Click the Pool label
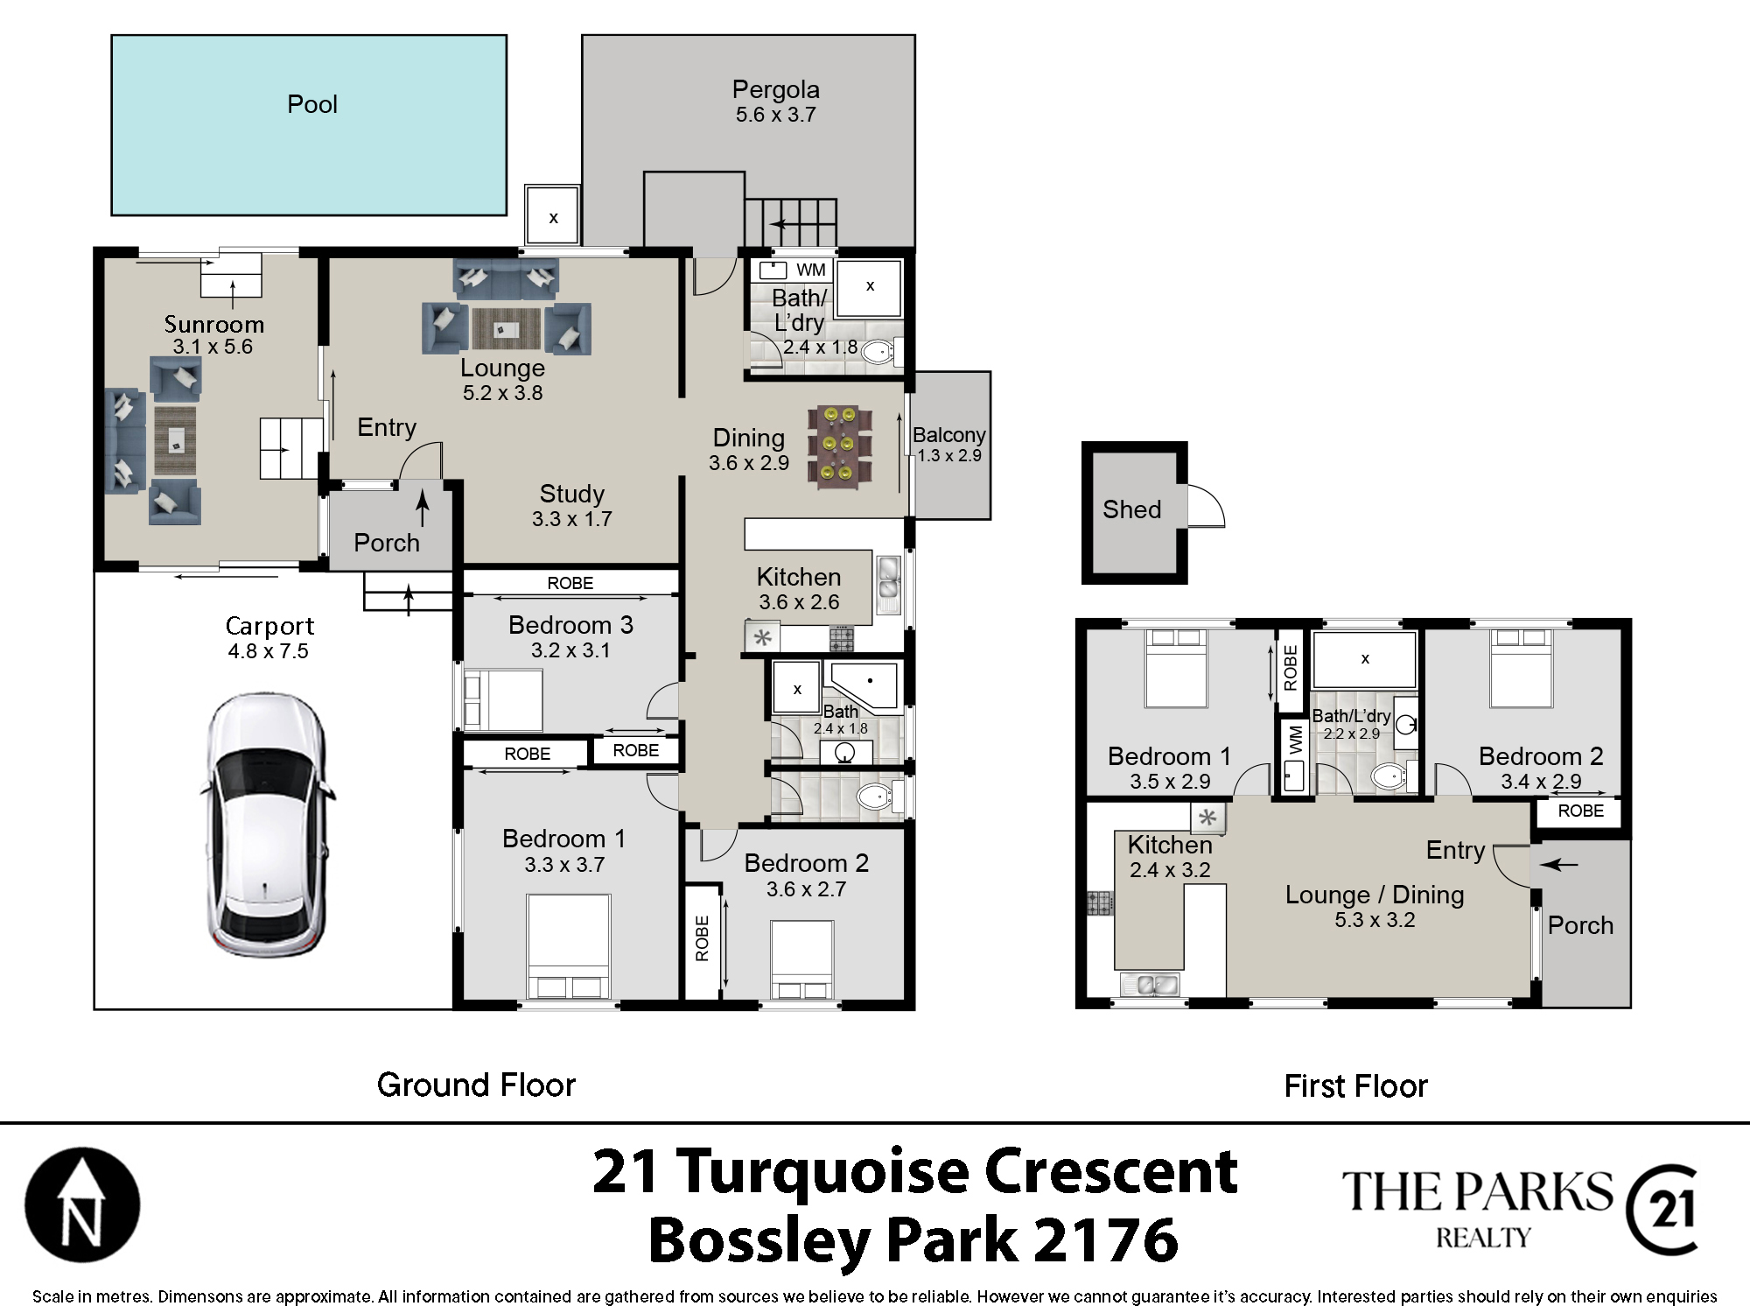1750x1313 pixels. click(x=312, y=104)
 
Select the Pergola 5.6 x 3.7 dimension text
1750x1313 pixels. click(x=776, y=115)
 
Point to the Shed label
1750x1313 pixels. click(x=1131, y=509)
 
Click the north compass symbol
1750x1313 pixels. click(x=82, y=1204)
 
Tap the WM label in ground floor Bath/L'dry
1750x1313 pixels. click(x=811, y=270)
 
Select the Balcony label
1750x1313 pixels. click(x=949, y=435)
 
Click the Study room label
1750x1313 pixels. click(x=571, y=494)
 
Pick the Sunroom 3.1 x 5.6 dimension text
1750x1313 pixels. click(x=213, y=347)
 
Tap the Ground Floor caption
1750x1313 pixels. click(x=476, y=1085)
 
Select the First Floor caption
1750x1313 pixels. click(x=1355, y=1086)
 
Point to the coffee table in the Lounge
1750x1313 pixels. click(x=507, y=329)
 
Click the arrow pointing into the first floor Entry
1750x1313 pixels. click(x=1558, y=865)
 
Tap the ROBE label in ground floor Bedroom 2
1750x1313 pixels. click(x=702, y=938)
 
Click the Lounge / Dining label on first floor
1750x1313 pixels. click(x=1375, y=895)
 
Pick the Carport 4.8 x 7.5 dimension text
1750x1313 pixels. click(x=269, y=651)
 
